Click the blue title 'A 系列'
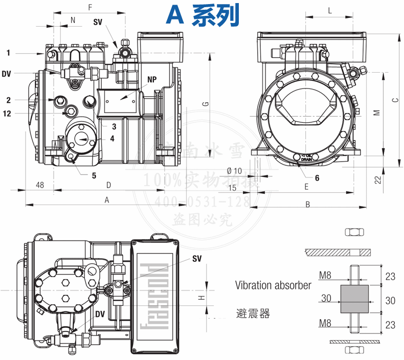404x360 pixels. pos(202,15)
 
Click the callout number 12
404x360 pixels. pos(7,114)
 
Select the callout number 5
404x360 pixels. pos(94,176)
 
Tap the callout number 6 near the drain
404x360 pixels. pos(317,178)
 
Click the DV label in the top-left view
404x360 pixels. pos(6,74)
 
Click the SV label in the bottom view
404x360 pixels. pos(197,259)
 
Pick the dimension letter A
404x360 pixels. pos(107,200)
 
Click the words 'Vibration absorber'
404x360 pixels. pos(273,285)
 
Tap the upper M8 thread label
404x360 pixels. pos(325,276)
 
